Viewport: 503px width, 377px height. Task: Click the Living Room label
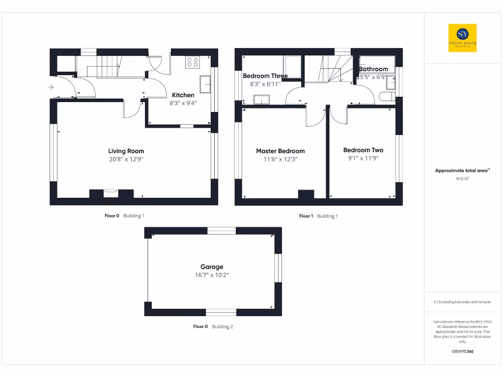coord(126,151)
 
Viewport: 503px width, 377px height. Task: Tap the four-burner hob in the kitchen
coord(193,62)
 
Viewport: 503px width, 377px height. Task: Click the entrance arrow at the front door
coord(51,87)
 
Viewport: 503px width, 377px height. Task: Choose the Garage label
coord(212,267)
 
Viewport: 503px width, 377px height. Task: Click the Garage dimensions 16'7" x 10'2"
coord(212,275)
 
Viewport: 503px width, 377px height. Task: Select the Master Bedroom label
coord(280,151)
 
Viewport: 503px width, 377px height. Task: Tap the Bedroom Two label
coord(363,150)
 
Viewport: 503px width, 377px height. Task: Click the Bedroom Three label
coord(265,76)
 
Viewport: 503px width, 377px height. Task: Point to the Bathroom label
coord(374,69)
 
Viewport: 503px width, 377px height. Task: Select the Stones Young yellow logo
coord(462,38)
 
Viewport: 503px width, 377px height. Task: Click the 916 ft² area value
coord(462,179)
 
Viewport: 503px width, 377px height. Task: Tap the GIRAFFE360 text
coord(462,351)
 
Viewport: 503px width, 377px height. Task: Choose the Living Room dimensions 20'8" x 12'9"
coord(126,160)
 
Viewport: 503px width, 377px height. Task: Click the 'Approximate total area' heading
coord(462,170)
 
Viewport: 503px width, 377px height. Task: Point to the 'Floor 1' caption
coord(306,216)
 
